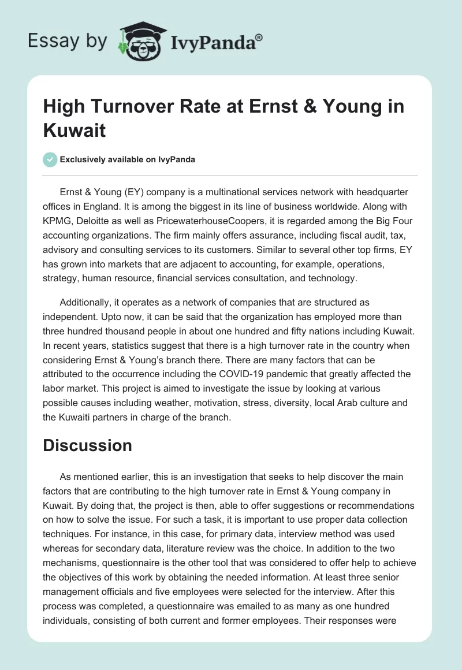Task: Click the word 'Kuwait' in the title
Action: pyautogui.click(x=74, y=129)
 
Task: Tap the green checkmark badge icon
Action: pyautogui.click(x=51, y=159)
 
